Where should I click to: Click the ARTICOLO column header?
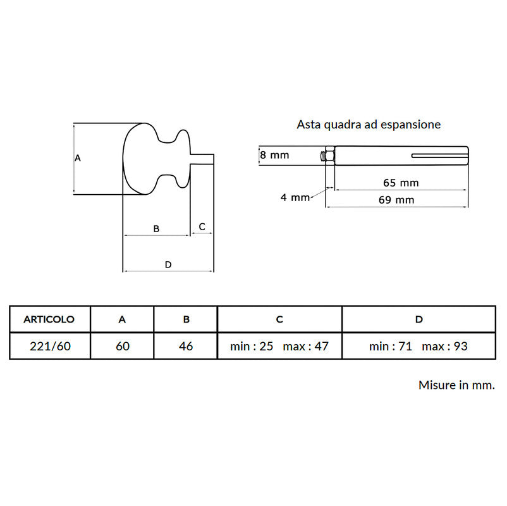pyautogui.click(x=49, y=319)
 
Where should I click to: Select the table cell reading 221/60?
pyautogui.click(x=50, y=346)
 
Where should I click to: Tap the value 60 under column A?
pyautogui.click(x=123, y=346)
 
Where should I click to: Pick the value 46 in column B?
pyautogui.click(x=186, y=346)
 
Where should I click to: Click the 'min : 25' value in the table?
pyautogui.click(x=252, y=346)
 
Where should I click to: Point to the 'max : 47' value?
pyautogui.click(x=305, y=346)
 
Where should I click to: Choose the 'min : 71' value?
pyautogui.click(x=391, y=346)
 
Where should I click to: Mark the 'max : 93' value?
pyautogui.click(x=444, y=346)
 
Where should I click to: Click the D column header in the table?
pyautogui.click(x=418, y=319)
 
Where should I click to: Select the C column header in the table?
pyautogui.click(x=279, y=319)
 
